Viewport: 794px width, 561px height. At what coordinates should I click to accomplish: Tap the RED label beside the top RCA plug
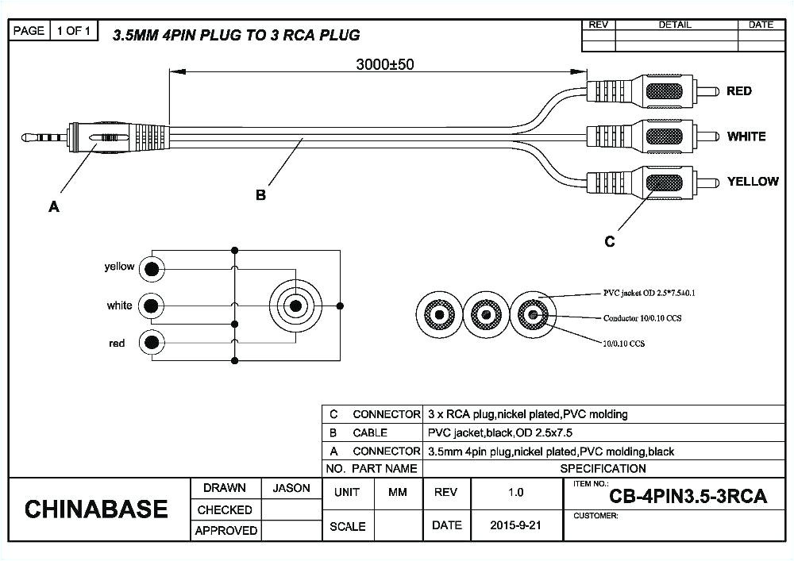point(738,91)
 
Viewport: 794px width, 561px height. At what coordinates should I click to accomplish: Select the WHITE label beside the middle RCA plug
point(746,136)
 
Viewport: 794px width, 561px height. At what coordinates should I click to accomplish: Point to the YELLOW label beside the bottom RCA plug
point(752,182)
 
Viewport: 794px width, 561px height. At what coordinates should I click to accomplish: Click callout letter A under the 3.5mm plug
point(54,207)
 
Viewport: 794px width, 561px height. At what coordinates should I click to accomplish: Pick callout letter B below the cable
point(260,195)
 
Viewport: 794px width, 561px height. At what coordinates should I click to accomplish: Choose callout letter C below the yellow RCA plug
point(609,242)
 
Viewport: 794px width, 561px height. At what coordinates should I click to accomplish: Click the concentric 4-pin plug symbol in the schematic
point(296,305)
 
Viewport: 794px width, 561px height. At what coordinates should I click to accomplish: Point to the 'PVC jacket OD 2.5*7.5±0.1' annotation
point(649,293)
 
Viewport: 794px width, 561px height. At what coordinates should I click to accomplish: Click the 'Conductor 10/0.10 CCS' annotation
point(642,317)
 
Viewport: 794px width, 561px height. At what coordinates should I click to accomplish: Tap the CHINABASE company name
point(96,509)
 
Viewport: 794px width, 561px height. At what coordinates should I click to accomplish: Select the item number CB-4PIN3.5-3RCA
point(688,497)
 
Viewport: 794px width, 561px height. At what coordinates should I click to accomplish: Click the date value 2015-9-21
point(515,525)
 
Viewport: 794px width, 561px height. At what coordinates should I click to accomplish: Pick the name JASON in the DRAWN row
point(291,488)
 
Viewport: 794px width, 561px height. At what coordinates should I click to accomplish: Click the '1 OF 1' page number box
point(75,31)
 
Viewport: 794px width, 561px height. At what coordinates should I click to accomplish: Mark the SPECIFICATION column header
point(603,468)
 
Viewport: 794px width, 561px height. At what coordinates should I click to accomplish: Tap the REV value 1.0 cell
point(515,492)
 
